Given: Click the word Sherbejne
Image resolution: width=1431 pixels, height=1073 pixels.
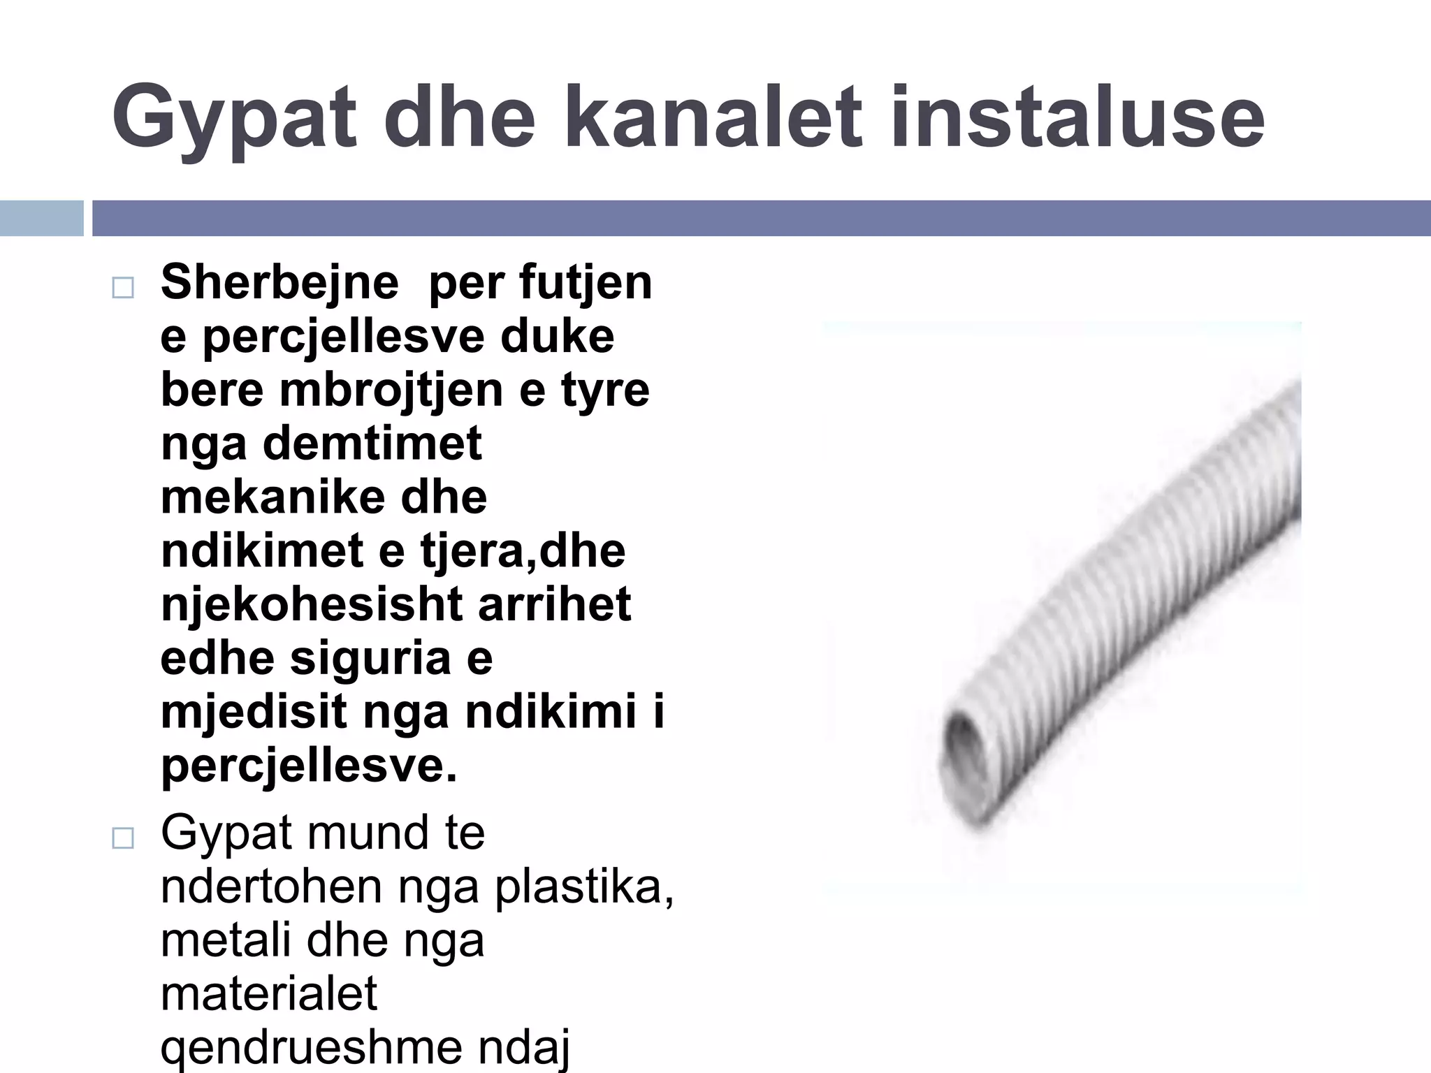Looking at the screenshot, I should coord(279,283).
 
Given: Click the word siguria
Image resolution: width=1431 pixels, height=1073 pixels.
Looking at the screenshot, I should coord(370,658).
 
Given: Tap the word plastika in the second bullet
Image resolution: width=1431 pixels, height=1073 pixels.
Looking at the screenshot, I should coord(584,887).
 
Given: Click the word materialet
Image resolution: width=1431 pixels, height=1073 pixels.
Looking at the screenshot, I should coord(269,993).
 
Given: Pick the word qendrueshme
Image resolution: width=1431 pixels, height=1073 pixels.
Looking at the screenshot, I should coord(314,1048).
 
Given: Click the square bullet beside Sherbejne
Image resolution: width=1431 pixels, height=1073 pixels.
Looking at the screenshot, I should coord(123,288).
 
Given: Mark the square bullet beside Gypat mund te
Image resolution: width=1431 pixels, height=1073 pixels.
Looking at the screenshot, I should coord(123,838).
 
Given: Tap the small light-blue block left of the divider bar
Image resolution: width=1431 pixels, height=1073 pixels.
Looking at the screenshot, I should coord(41,218).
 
